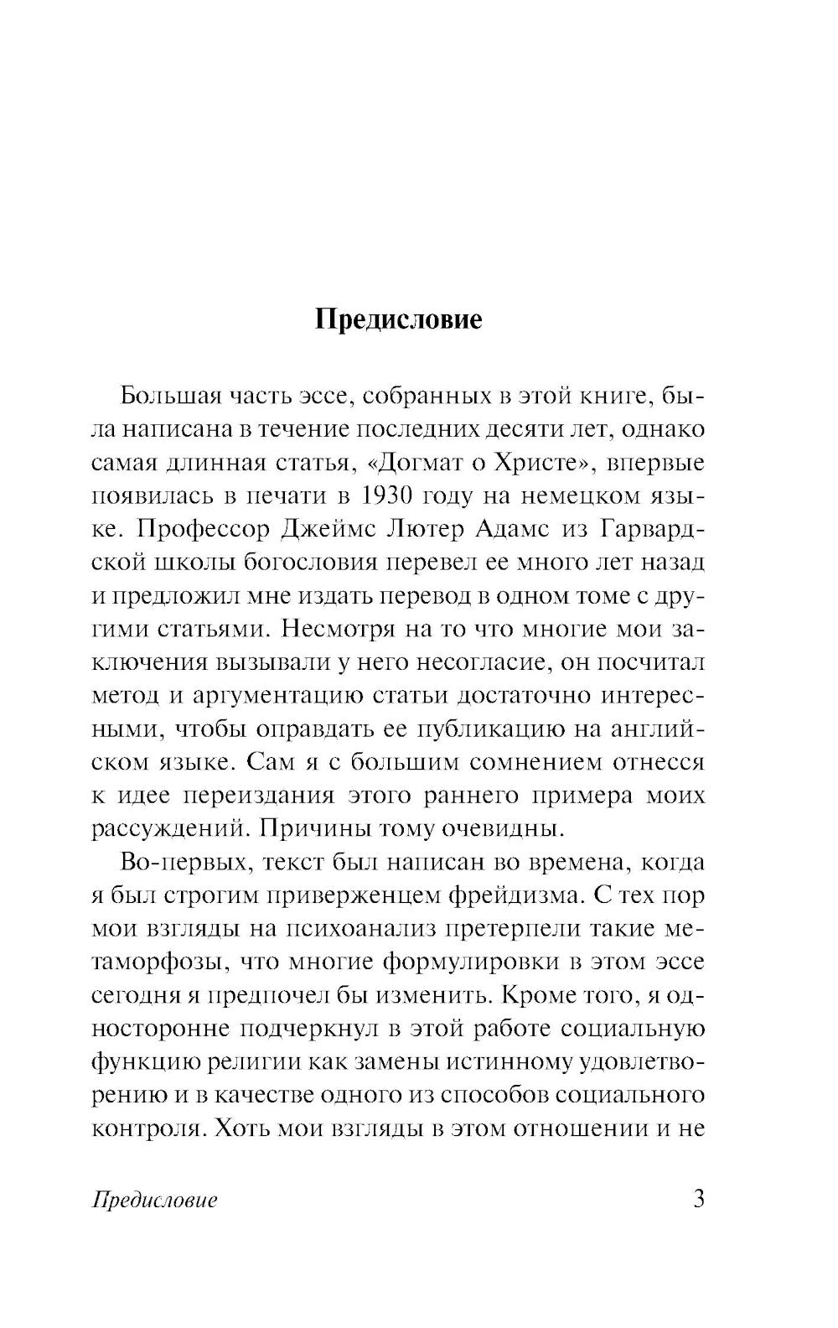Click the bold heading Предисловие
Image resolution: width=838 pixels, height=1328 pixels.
tap(398, 320)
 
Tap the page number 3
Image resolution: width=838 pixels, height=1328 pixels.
tap(698, 1198)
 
